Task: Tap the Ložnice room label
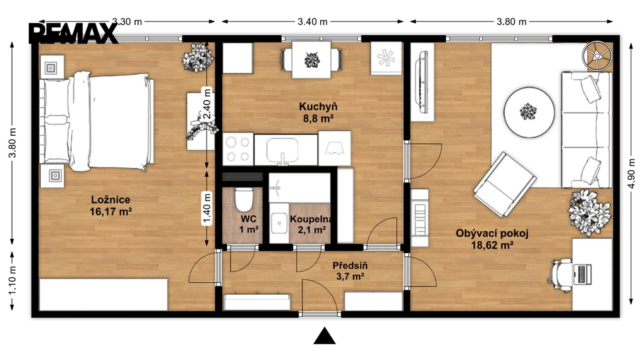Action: point(111,200)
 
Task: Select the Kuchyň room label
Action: point(318,107)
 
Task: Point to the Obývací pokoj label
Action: point(492,234)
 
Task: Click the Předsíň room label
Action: point(350,266)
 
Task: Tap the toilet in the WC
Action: point(244,199)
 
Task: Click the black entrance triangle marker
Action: point(325,336)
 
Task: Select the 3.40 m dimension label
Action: point(313,22)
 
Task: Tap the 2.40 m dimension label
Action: point(207,104)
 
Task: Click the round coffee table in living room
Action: point(529,112)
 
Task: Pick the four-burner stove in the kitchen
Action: point(238,149)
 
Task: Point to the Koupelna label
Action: point(311,219)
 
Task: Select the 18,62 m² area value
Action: point(492,246)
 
